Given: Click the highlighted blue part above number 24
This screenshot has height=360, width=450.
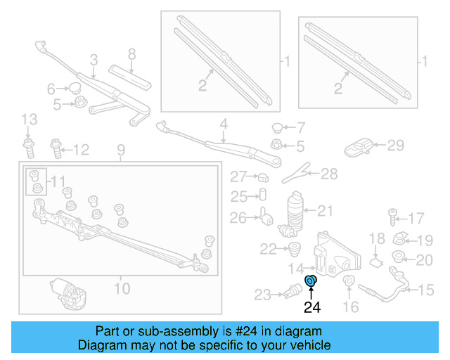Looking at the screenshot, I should (x=311, y=283).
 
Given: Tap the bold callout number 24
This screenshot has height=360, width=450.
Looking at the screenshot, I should (x=311, y=307).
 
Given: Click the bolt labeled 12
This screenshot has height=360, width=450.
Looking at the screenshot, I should (x=56, y=148).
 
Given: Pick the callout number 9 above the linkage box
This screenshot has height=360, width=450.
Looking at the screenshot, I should (x=120, y=149).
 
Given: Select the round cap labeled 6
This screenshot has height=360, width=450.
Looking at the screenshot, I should (x=72, y=88).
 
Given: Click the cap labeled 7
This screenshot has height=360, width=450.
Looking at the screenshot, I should (x=278, y=128).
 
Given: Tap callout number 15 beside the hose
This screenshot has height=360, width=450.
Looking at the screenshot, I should (x=426, y=290).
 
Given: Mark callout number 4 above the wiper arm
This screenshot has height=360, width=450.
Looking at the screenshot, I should (x=224, y=125).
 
